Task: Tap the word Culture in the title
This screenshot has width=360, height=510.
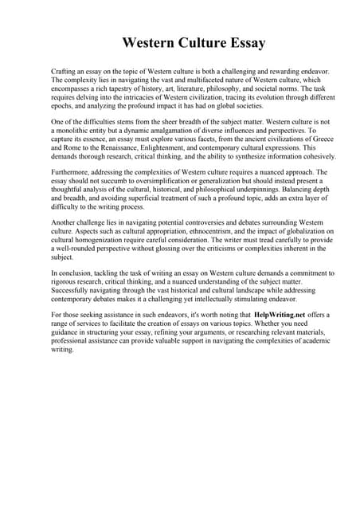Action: [190, 41]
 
